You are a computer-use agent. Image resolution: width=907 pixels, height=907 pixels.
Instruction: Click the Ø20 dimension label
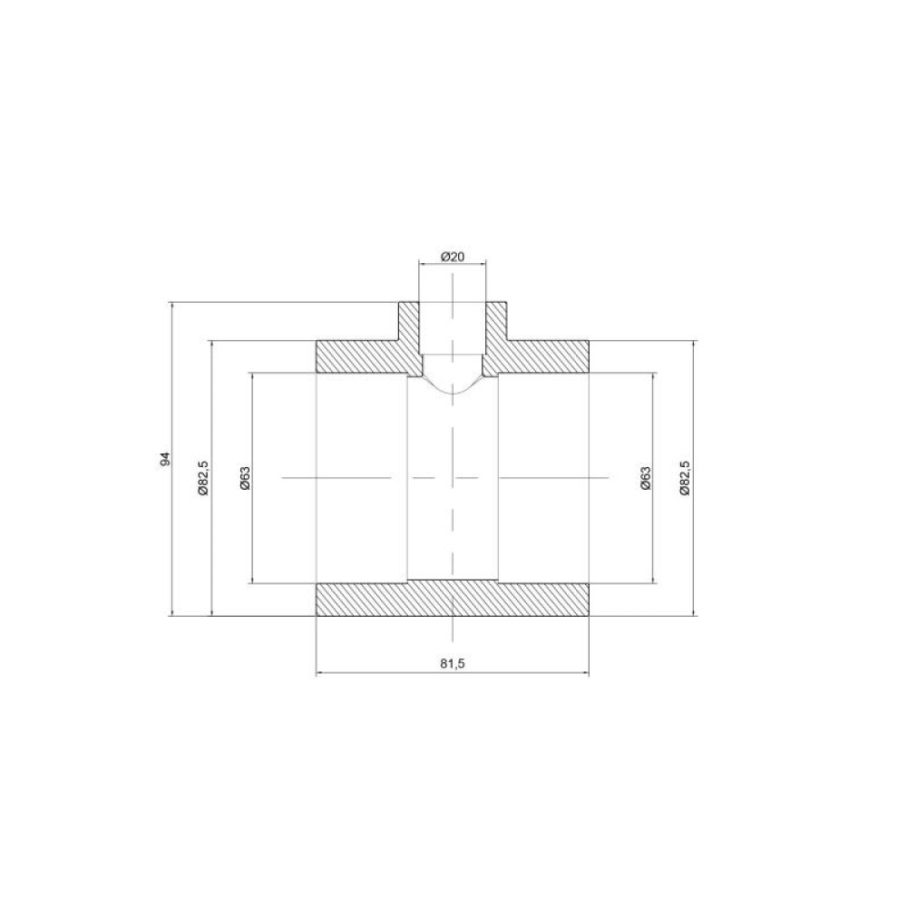453,257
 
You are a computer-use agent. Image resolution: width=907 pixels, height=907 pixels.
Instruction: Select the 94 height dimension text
166,459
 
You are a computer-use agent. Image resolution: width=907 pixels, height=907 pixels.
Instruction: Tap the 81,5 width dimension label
453,664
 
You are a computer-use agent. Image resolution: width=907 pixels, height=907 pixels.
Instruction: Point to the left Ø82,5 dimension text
202,478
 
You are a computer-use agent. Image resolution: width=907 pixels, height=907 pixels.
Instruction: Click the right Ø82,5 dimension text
685,478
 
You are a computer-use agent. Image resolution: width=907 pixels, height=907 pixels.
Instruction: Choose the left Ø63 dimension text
245,478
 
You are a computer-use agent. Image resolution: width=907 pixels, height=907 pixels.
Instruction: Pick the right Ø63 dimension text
646,478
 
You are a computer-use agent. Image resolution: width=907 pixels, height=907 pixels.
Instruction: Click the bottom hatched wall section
453,599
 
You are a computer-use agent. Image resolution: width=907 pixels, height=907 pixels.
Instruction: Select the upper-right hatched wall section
538,356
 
